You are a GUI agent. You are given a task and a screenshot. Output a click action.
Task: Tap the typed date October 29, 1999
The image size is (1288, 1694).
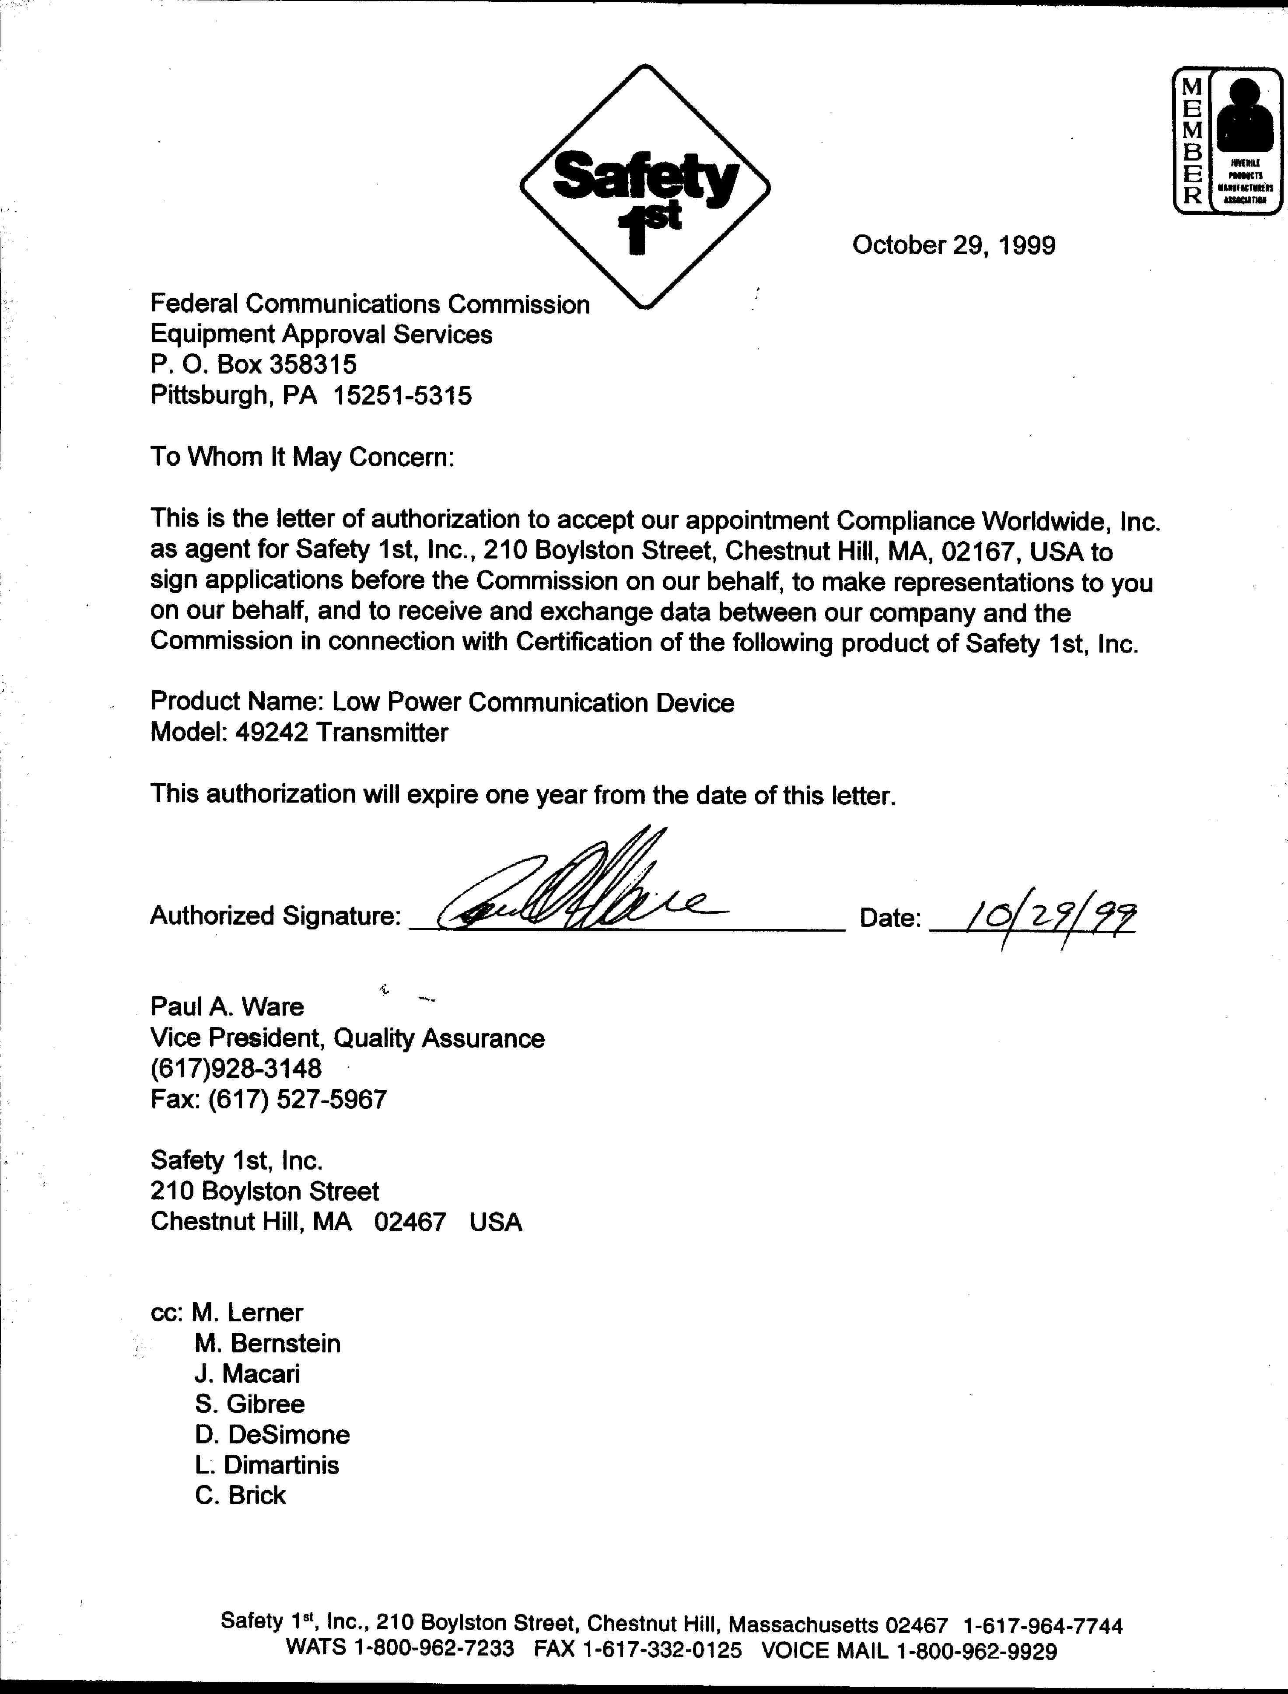pyautogui.click(x=954, y=245)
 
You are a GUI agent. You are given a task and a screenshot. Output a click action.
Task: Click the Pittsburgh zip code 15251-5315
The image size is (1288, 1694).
pyautogui.click(x=402, y=395)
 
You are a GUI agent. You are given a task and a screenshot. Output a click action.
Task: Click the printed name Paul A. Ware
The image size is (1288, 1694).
pyautogui.click(x=227, y=1006)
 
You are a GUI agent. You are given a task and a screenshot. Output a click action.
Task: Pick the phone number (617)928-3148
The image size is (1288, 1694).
pyautogui.click(x=236, y=1069)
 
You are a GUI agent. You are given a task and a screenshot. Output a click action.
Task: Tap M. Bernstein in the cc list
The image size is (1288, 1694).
pyautogui.click(x=268, y=1343)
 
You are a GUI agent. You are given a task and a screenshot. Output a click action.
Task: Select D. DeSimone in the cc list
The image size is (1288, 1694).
pyautogui.click(x=272, y=1434)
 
